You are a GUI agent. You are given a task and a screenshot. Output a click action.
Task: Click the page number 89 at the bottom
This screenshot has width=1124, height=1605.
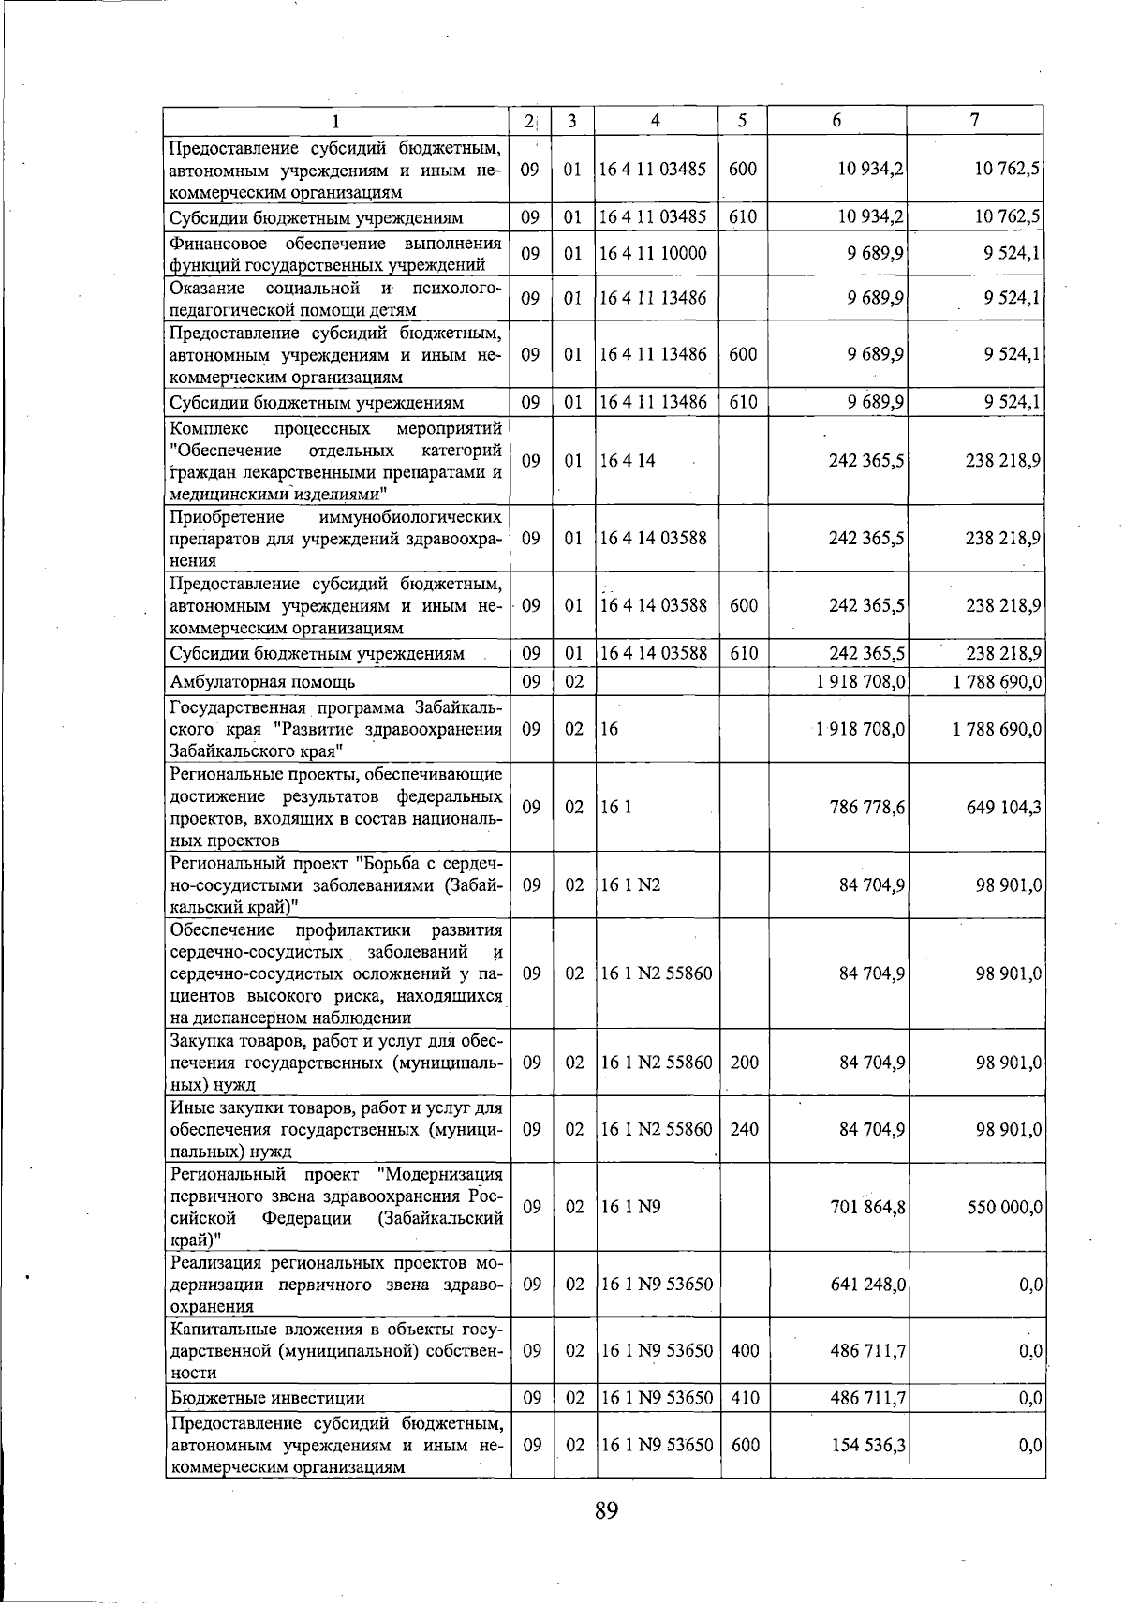(x=606, y=1511)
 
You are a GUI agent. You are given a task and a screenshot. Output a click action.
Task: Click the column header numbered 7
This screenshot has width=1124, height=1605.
(x=975, y=120)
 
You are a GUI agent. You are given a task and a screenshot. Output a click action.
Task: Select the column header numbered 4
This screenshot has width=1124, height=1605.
(x=656, y=120)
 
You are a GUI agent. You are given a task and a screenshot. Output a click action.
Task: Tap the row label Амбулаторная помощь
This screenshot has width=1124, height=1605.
(x=262, y=682)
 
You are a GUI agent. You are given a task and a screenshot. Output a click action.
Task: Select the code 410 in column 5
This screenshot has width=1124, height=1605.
(x=745, y=1398)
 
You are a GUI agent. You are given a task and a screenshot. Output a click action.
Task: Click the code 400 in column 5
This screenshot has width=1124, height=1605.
(x=745, y=1351)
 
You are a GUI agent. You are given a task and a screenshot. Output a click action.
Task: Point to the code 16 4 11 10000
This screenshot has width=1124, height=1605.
(x=653, y=254)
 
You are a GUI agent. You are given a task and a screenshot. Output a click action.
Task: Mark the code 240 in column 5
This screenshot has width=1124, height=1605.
(x=745, y=1130)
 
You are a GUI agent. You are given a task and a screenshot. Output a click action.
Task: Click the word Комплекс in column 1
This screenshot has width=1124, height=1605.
(x=206, y=429)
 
